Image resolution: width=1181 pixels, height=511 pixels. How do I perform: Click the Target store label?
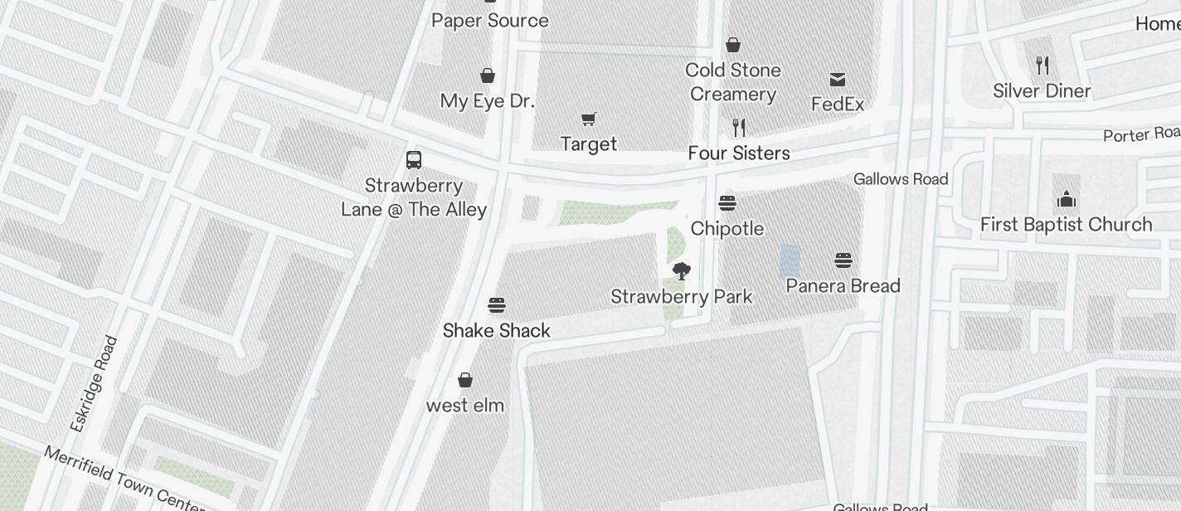point(589,144)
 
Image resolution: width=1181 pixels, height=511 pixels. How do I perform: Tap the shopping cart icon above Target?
point(589,119)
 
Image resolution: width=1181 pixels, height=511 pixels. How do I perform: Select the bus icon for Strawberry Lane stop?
point(414,159)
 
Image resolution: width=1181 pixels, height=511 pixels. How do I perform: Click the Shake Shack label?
point(497,331)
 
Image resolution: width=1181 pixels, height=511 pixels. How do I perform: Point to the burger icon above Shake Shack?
point(497,305)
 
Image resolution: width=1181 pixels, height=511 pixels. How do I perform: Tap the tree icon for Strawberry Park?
point(682,271)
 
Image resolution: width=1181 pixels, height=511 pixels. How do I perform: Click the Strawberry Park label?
point(682,297)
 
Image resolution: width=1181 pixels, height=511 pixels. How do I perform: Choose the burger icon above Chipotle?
point(727,203)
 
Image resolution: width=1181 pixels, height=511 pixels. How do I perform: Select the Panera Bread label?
point(843,286)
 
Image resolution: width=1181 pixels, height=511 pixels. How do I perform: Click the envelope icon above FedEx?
point(838,80)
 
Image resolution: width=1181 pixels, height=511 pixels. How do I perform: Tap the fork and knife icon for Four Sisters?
point(739,128)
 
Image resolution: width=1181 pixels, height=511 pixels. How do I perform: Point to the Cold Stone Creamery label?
point(733,82)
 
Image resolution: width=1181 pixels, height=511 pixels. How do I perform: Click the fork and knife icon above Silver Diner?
point(1042,66)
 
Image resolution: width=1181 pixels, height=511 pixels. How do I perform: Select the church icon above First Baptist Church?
point(1067,199)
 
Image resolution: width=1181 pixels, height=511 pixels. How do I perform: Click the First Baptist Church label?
point(1067,225)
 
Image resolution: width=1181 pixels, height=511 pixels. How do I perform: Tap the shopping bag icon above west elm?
point(465,380)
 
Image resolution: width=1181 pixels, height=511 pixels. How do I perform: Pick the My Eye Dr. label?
point(488,101)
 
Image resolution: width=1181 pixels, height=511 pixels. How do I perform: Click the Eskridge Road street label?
point(95,383)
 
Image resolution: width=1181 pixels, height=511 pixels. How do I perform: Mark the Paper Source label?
point(490,21)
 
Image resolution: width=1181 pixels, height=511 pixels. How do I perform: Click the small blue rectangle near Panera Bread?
point(790,260)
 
